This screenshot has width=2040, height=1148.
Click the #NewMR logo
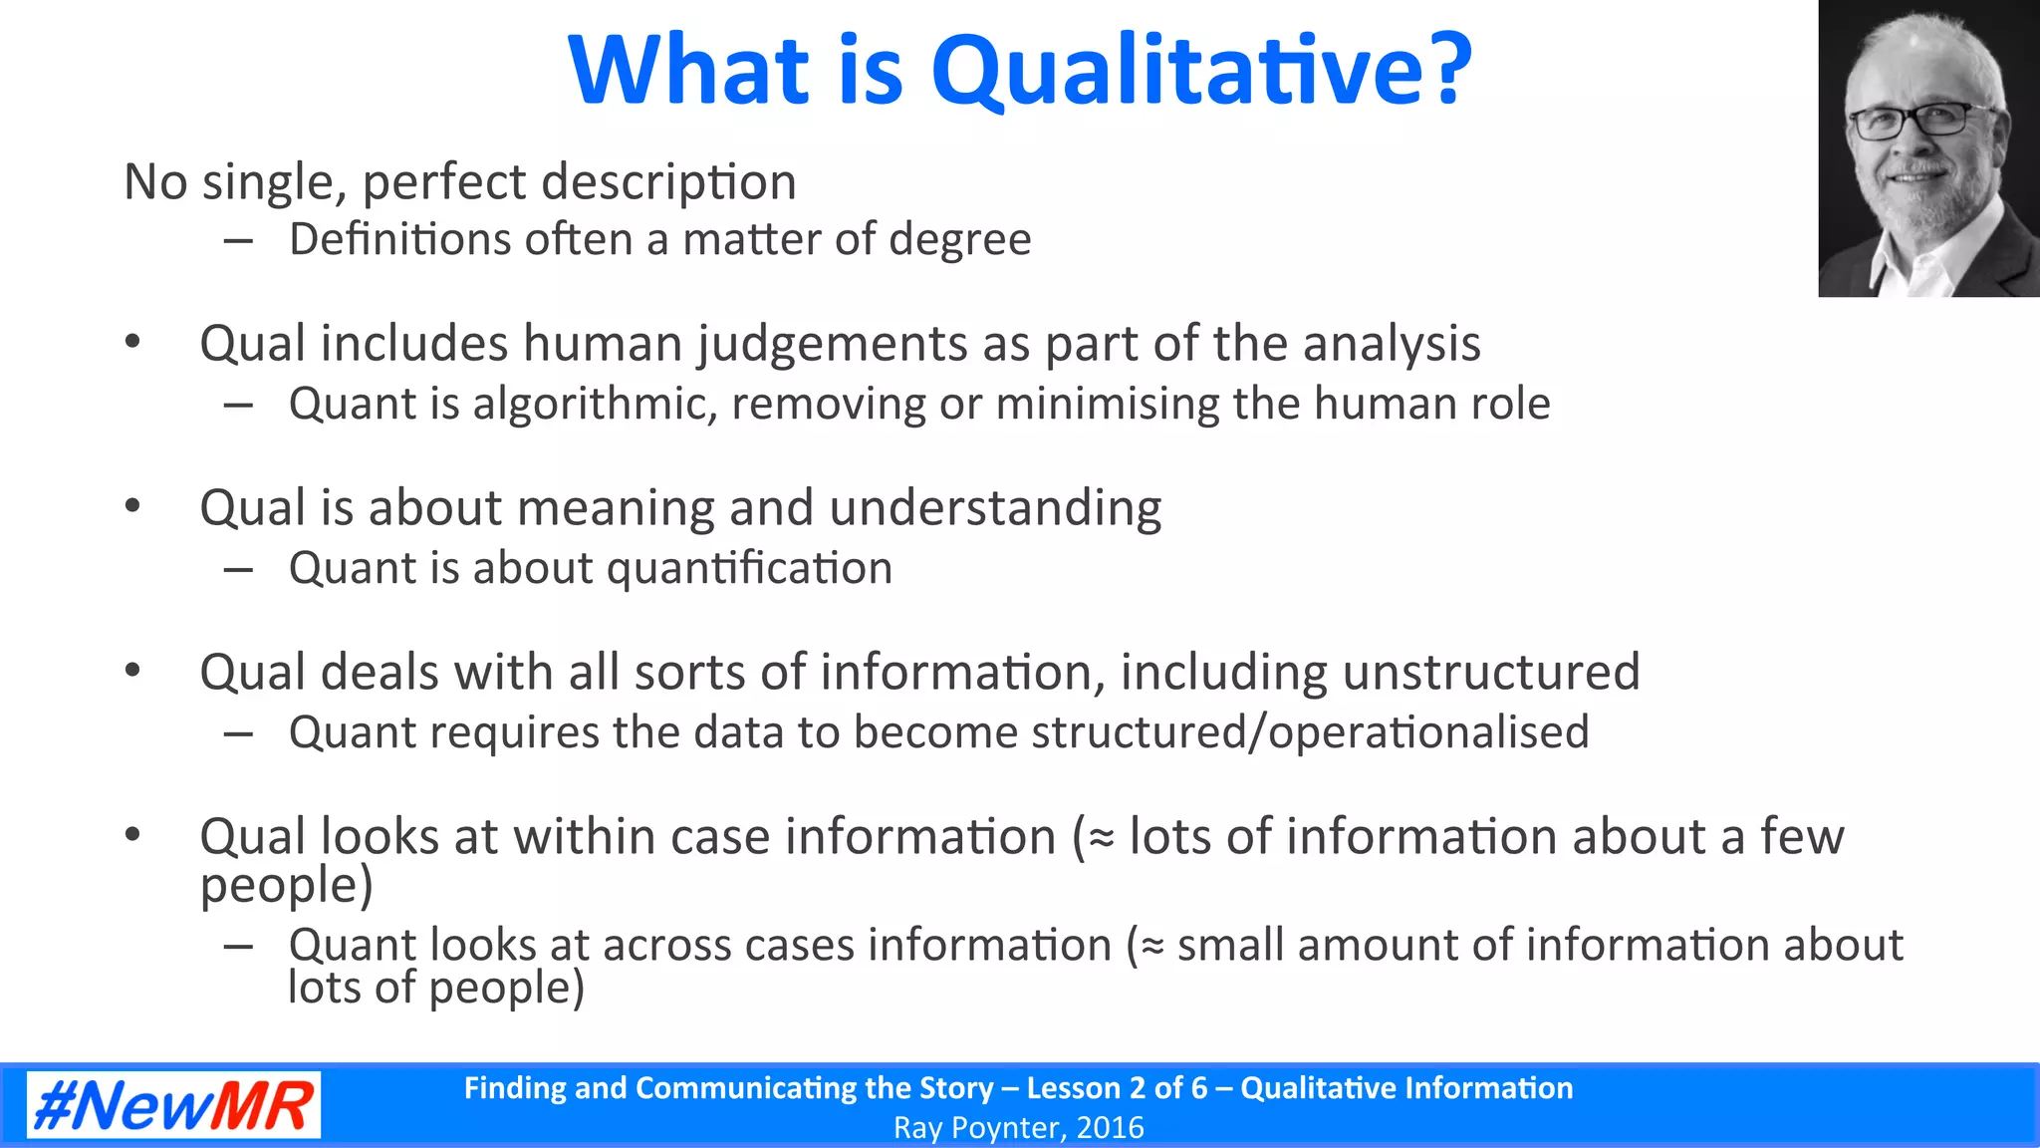coord(173,1105)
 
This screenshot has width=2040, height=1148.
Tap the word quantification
coord(749,569)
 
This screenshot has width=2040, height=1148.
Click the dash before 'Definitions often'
coord(238,240)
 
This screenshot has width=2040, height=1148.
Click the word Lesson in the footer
coord(1080,1087)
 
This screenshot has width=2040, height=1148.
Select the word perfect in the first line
coord(443,182)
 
